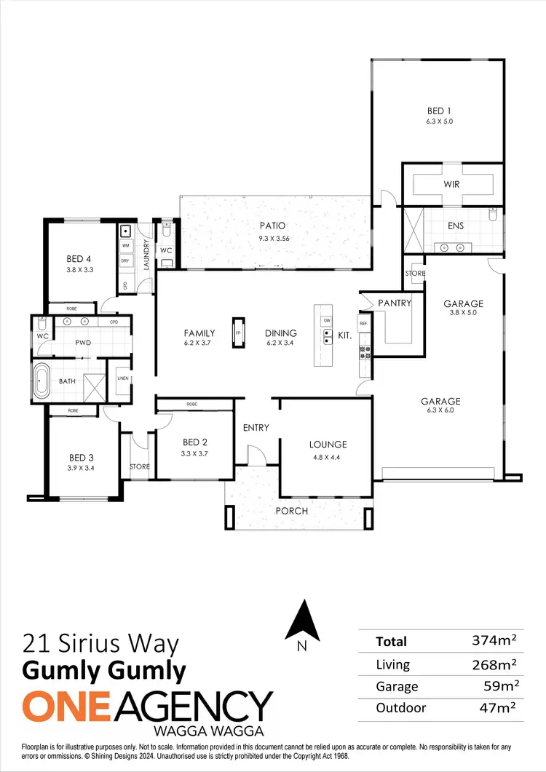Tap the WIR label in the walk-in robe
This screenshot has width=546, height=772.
point(452,185)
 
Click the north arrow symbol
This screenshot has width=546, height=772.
point(301,621)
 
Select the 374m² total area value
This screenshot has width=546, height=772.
point(494,641)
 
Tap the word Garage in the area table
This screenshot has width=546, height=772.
point(397,686)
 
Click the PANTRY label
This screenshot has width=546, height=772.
point(395,303)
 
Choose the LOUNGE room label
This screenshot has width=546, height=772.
point(328,444)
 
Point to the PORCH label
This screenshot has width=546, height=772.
point(291,511)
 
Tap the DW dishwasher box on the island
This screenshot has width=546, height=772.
point(327,320)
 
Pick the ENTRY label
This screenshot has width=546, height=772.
point(256,428)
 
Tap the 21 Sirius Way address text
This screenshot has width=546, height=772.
point(100,643)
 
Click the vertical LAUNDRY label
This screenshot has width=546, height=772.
point(146,255)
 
